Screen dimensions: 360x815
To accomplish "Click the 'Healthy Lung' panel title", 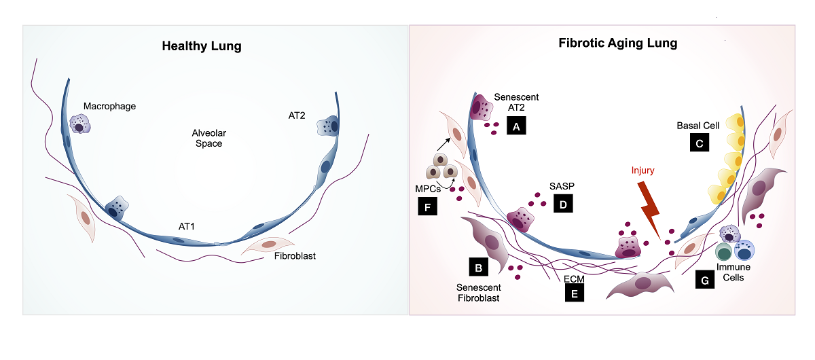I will pos(202,47).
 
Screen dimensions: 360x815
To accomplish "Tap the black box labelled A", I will pos(517,126).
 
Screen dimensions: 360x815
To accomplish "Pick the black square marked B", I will pos(479,268).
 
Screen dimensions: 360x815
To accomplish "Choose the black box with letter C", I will pos(700,142).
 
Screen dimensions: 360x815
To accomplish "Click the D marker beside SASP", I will pos(563,203).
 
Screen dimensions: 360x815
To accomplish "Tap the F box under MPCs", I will pos(428,206).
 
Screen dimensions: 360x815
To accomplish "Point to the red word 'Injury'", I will pos(642,170).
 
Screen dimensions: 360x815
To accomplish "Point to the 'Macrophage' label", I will pos(110,106).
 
